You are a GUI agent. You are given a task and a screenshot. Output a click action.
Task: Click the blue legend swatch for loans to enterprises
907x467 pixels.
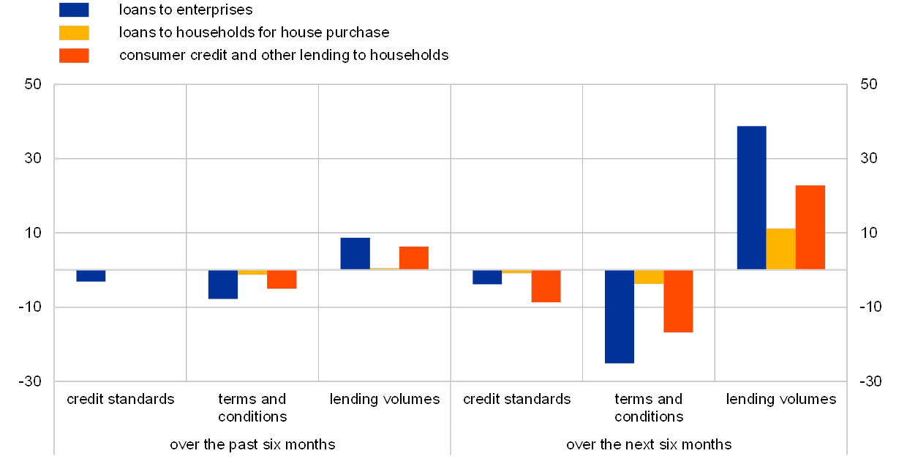[74, 10]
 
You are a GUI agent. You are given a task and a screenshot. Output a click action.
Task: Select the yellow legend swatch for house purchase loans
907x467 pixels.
[74, 33]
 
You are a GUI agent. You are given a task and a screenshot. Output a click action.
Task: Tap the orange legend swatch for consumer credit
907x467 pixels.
[74, 56]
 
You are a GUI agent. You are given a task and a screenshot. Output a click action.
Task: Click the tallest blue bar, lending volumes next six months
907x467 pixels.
[751, 198]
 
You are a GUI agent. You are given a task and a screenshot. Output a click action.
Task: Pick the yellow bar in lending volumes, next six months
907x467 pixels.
[780, 249]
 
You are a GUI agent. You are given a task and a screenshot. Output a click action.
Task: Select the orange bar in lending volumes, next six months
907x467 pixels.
[810, 227]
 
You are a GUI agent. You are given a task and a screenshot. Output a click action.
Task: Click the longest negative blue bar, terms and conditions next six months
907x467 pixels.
[620, 316]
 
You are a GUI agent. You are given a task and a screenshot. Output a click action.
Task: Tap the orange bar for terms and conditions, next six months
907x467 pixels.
[678, 301]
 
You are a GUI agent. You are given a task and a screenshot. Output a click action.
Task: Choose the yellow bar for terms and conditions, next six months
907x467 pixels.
[649, 277]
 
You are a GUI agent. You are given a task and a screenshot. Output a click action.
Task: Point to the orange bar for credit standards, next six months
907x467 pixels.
[546, 285]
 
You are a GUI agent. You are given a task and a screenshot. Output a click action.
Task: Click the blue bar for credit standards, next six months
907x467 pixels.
[487, 277]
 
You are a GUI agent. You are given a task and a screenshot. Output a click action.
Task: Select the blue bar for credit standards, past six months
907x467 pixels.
[91, 275]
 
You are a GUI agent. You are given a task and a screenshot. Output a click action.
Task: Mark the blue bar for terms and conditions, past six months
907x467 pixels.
[223, 284]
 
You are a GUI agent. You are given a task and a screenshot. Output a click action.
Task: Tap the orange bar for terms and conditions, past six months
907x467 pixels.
[282, 279]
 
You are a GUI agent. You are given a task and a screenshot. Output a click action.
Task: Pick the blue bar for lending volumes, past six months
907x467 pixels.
[355, 253]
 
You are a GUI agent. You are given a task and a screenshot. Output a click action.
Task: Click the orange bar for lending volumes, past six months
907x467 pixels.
[413, 258]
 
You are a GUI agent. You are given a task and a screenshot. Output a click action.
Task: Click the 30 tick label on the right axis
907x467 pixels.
[869, 158]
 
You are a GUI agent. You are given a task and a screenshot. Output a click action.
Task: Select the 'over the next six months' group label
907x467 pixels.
[649, 444]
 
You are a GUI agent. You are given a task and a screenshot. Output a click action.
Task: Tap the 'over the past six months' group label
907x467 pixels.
[252, 444]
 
